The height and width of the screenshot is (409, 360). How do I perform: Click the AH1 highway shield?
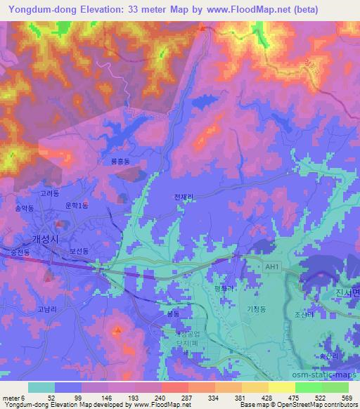[271, 267]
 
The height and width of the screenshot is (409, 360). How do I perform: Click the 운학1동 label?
[76, 204]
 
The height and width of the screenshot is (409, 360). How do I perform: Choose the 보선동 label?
[78, 250]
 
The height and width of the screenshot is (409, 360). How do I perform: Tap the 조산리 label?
[303, 315]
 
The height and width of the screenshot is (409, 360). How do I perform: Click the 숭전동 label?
[12, 251]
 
